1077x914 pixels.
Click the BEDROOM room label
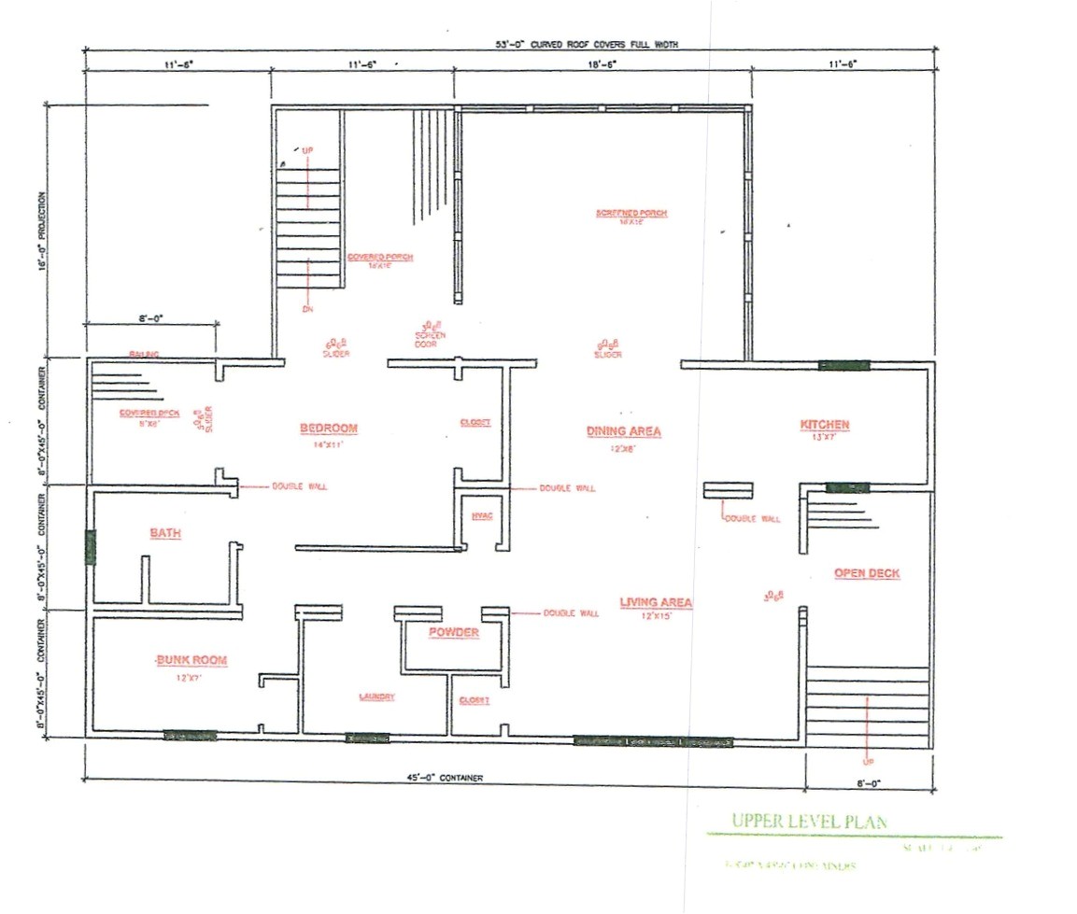tap(329, 429)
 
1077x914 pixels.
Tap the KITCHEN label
tap(825, 425)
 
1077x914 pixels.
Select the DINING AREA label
tap(624, 431)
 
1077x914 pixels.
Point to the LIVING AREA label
tap(656, 602)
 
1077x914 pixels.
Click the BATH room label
tap(165, 533)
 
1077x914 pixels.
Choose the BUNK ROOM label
tap(191, 660)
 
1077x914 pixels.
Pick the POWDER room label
tap(454, 633)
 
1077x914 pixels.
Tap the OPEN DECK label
tap(867, 573)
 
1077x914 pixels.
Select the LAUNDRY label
tap(377, 697)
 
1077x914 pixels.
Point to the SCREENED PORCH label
tap(631, 214)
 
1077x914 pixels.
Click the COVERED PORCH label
tap(380, 257)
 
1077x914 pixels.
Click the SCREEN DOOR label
tap(431, 339)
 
